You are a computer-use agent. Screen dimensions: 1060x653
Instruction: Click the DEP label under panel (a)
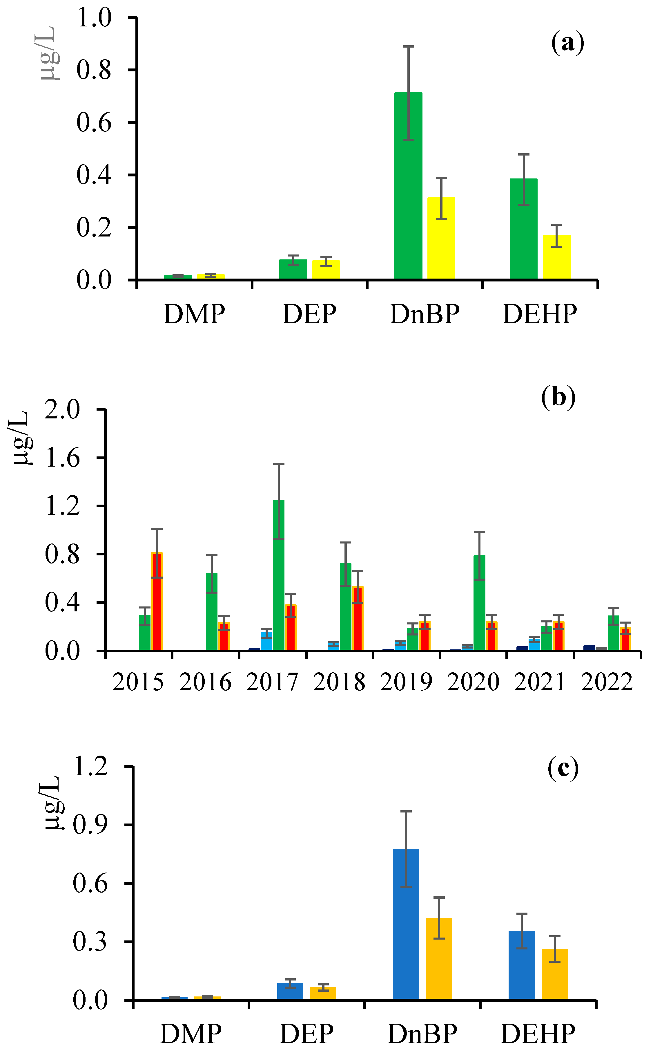[x=309, y=314]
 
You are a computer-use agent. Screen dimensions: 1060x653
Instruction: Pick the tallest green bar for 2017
[x=279, y=575]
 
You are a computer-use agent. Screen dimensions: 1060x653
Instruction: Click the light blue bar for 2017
[x=266, y=641]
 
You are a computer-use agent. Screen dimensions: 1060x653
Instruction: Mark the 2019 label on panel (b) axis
[x=406, y=682]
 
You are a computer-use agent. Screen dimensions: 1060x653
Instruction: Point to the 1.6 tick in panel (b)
[x=63, y=458]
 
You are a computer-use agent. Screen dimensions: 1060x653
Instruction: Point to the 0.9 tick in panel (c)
[x=90, y=825]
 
